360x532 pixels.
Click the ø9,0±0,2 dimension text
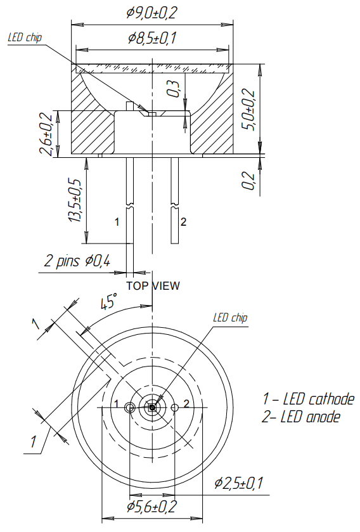click(152, 12)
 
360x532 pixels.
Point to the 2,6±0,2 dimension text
click(45, 134)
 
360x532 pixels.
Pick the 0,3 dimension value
click(173, 87)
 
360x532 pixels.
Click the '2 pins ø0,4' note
click(77, 261)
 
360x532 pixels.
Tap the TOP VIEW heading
click(153, 286)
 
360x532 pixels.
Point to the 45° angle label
click(110, 301)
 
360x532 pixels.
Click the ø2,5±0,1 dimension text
click(238, 484)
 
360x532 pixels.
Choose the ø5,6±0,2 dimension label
click(151, 507)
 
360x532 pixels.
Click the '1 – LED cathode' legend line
click(308, 399)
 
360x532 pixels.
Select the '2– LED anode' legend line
click(301, 417)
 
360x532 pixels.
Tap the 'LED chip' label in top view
click(230, 318)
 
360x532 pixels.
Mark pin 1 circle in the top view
click(130, 408)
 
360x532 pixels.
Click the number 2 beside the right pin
click(183, 222)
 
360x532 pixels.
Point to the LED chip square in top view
click(152, 408)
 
